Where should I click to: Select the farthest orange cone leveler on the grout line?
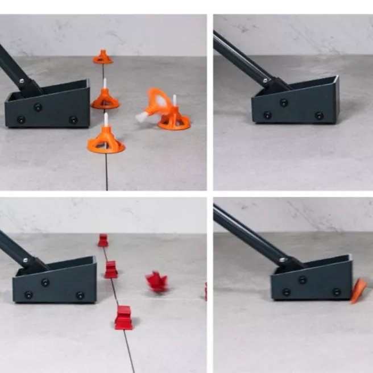click(103, 57)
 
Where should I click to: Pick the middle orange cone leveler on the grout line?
click(105, 100)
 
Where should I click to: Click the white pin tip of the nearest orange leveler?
click(106, 118)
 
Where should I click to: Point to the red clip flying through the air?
click(156, 281)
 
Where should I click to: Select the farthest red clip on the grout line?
click(103, 241)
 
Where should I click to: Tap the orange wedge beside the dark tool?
click(358, 291)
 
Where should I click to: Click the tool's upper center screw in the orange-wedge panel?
click(302, 280)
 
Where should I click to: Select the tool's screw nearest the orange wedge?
click(337, 292)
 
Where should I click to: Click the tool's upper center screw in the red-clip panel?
click(45, 283)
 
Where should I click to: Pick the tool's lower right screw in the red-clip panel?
click(80, 295)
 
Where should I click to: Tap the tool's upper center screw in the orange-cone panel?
click(38, 107)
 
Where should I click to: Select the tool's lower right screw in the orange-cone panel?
click(73, 119)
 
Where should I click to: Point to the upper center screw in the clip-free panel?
click(284, 102)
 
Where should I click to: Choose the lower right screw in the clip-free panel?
click(319, 115)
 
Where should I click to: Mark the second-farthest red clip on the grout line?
click(111, 270)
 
